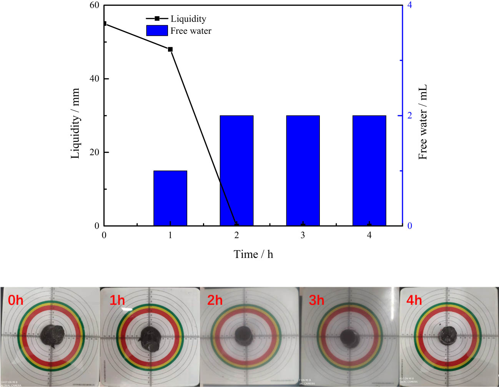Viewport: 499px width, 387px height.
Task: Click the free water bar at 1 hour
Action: pos(170,198)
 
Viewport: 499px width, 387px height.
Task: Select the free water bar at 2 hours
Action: pos(236,170)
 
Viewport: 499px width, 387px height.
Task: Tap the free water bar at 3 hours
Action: pos(303,170)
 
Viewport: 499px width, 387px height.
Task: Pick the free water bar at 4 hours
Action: pos(369,170)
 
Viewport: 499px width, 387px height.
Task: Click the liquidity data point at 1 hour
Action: pos(170,49)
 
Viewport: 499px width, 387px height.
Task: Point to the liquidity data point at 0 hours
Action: pos(105,24)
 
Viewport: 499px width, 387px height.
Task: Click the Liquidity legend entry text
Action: pos(188,19)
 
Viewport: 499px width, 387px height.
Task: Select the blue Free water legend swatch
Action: pos(157,31)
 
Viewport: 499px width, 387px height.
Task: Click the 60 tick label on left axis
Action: pos(94,5)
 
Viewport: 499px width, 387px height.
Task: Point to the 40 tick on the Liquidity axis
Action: pos(94,79)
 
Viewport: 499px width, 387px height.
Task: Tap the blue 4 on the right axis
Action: pos(409,5)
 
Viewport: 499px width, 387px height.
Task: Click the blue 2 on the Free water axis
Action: pos(409,116)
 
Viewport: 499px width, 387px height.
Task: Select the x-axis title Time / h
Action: pos(253,254)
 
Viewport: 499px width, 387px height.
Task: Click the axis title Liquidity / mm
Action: pos(75,123)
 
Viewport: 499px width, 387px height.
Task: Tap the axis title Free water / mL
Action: pos(423,122)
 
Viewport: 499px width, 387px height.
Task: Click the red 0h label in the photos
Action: pos(16,300)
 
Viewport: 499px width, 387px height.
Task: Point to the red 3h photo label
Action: pos(316,300)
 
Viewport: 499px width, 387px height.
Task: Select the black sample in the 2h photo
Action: pos(244,335)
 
